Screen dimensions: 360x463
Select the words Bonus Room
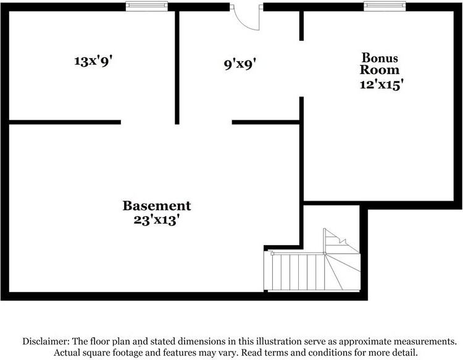coord(380,63)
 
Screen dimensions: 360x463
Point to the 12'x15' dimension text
coord(382,84)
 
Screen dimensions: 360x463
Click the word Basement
coord(157,206)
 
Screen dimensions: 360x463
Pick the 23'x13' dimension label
coord(157,219)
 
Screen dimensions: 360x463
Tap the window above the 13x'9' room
coord(147,6)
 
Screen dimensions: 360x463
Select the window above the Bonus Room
coord(384,6)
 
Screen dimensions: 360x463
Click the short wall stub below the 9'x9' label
coord(265,122)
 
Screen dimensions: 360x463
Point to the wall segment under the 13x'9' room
coord(65,122)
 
